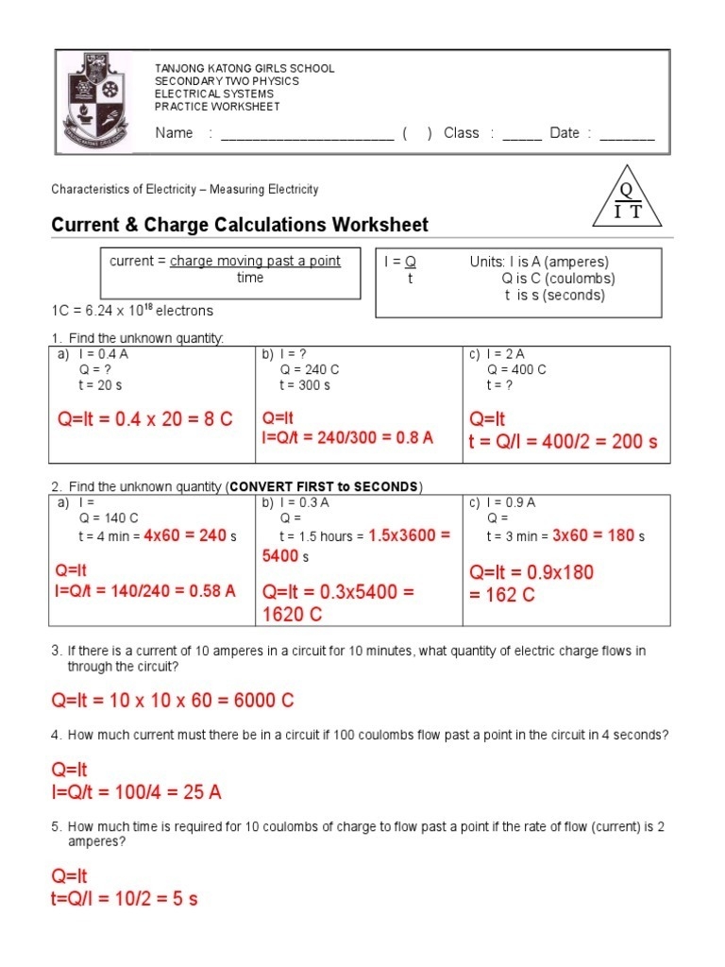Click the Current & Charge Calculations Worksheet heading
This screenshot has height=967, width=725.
239,225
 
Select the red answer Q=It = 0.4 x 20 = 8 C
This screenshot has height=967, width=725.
144,419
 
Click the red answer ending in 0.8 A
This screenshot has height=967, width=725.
347,437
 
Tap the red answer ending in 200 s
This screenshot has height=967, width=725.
564,441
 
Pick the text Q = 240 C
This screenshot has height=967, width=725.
309,370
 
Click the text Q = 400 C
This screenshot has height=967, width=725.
516,370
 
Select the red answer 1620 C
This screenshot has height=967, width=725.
292,614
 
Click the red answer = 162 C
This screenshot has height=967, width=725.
501,594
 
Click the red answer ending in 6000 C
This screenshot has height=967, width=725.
173,701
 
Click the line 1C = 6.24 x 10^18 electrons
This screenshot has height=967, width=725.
132,311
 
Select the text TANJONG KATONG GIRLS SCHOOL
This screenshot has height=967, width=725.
244,69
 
